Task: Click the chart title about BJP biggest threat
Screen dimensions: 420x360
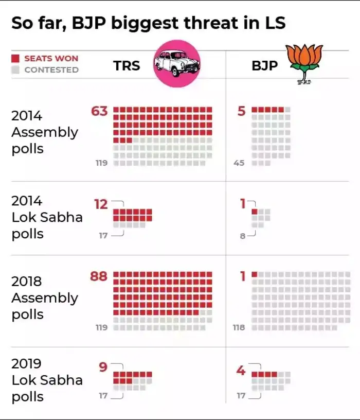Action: (x=148, y=23)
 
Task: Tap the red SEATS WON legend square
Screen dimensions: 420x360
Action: (x=15, y=59)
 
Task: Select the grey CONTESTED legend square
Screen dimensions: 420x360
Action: (x=15, y=69)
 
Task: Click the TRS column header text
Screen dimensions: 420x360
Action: (x=127, y=66)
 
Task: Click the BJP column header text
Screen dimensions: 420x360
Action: (x=264, y=66)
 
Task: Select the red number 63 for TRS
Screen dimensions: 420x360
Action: (x=99, y=111)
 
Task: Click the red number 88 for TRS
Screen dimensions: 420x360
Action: (x=99, y=276)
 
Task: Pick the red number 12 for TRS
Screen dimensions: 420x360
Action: (x=101, y=204)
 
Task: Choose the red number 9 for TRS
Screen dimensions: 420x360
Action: (x=103, y=367)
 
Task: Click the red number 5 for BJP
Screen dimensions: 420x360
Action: (x=242, y=111)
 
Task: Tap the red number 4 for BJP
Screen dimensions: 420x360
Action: (x=241, y=370)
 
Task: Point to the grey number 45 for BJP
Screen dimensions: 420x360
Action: (x=239, y=163)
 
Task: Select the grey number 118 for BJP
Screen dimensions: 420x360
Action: (x=239, y=327)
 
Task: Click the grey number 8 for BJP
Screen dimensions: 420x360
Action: (x=242, y=236)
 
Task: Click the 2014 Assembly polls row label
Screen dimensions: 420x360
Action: (x=44, y=132)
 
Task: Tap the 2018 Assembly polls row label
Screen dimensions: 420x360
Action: (x=44, y=298)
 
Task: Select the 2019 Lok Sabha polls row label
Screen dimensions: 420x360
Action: (x=46, y=380)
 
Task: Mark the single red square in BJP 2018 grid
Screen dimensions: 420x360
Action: (x=255, y=274)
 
